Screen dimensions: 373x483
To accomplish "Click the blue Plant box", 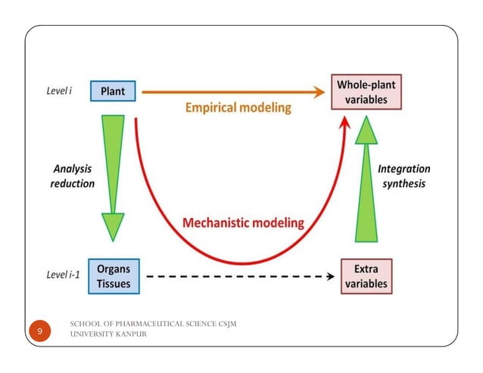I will click(x=114, y=92).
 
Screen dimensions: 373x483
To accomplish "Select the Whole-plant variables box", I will click(x=363, y=92).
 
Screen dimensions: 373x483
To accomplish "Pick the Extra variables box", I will click(x=366, y=277).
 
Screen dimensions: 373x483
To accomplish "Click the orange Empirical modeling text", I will click(x=238, y=108).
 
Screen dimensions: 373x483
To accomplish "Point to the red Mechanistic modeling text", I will click(x=243, y=223).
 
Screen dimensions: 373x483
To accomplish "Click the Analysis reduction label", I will click(x=73, y=176).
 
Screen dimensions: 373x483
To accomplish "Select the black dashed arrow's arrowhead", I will click(x=330, y=277).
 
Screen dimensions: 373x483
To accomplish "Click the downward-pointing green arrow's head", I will click(x=113, y=226).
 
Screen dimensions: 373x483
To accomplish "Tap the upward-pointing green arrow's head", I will click(x=366, y=130).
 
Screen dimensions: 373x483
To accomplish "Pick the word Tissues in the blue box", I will click(x=114, y=284).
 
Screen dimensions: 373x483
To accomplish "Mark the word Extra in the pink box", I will click(x=366, y=269).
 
